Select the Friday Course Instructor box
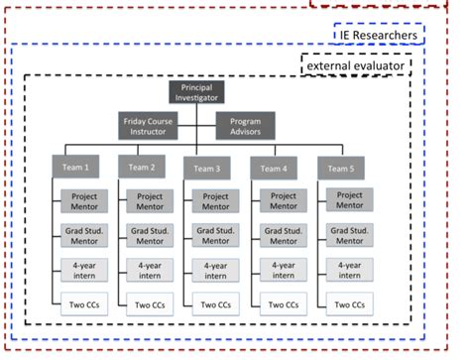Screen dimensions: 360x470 point(148,126)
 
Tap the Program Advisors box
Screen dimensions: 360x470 point(245,126)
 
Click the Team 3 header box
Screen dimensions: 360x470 point(206,167)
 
